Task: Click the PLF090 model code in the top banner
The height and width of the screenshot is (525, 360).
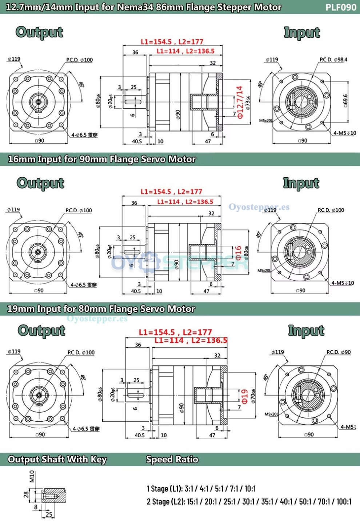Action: click(x=340, y=7)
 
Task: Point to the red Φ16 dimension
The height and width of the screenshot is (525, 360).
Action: click(x=238, y=253)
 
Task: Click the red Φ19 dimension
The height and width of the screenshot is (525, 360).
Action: click(x=245, y=396)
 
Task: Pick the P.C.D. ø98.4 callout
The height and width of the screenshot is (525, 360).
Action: click(x=333, y=60)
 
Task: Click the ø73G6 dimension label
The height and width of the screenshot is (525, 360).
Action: click(x=248, y=103)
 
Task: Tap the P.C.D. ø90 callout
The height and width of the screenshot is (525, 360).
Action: click(x=339, y=352)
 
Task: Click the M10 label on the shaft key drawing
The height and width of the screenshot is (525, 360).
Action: click(x=32, y=476)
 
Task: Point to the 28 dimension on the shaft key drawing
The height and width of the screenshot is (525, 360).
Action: click(x=26, y=494)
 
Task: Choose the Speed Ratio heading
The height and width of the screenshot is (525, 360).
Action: click(x=172, y=460)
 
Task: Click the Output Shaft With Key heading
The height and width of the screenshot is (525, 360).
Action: click(x=57, y=460)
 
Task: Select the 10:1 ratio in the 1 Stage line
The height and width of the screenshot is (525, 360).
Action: click(x=250, y=489)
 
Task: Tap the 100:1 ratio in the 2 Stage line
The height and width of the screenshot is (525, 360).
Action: click(x=344, y=502)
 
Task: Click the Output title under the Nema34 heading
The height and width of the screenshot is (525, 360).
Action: click(x=39, y=32)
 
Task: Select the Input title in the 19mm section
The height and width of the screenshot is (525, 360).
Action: click(x=306, y=331)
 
